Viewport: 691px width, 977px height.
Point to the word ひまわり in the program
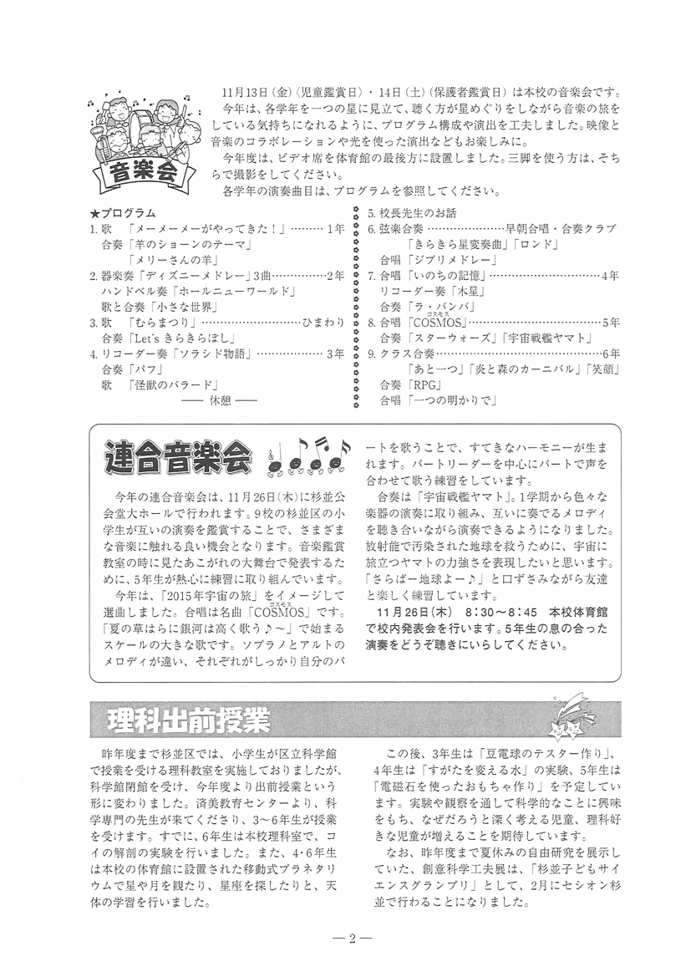tap(323, 322)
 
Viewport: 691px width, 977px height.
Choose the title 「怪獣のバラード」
tap(175, 384)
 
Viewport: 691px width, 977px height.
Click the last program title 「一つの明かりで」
tap(451, 400)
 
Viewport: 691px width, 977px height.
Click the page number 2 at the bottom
tap(353, 938)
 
